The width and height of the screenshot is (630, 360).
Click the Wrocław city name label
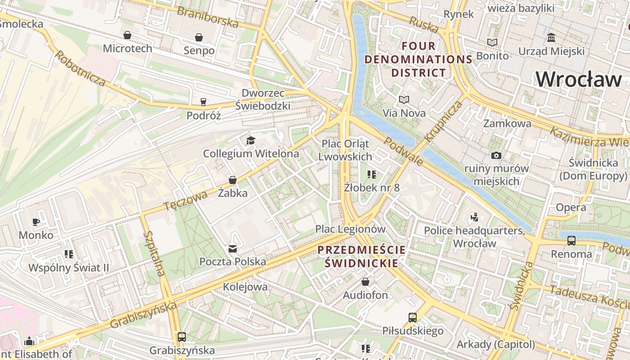click(x=579, y=80)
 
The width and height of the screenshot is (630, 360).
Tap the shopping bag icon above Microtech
click(x=127, y=35)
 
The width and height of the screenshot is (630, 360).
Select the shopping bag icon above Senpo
click(x=199, y=37)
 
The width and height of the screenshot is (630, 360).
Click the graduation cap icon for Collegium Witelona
click(x=251, y=141)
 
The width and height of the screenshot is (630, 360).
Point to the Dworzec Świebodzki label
click(x=263, y=99)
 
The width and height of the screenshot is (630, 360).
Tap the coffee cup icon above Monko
click(x=36, y=222)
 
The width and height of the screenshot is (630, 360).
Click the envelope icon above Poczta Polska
click(x=233, y=248)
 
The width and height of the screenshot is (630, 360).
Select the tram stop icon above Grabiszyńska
click(x=182, y=337)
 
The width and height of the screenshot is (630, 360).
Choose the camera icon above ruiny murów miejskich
click(x=496, y=156)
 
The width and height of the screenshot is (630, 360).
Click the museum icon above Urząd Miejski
click(x=551, y=38)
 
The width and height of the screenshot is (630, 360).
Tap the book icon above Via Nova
click(x=404, y=99)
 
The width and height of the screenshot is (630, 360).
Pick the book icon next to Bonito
click(x=492, y=43)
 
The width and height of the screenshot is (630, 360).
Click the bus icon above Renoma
click(x=571, y=241)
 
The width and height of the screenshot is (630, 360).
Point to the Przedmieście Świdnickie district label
click(x=362, y=256)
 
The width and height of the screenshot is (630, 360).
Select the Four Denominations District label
click(x=418, y=59)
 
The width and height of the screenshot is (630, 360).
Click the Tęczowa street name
click(x=185, y=200)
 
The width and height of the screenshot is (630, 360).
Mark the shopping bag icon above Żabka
click(x=233, y=180)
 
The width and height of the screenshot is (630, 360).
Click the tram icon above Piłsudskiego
click(x=413, y=318)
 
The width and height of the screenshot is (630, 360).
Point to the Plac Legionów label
click(x=350, y=229)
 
